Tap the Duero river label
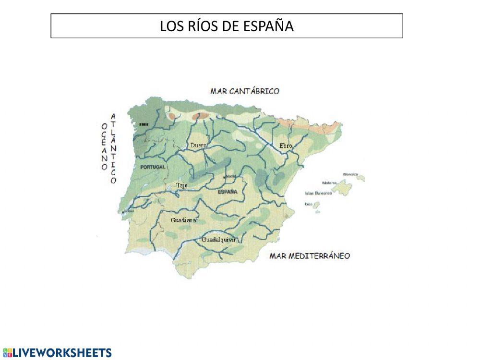point(198,144)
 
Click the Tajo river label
point(182,185)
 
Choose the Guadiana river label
point(183,220)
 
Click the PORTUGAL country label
point(153,167)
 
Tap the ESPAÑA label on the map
point(228,192)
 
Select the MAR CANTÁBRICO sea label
point(245,91)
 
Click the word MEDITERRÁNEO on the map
point(319,256)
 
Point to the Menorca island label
point(350,174)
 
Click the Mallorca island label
point(329,183)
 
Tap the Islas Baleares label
point(318,193)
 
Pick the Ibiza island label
point(309,204)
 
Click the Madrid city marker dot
point(224,177)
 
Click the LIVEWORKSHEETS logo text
point(61,353)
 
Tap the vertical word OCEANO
point(104,145)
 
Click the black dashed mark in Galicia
point(144,124)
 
